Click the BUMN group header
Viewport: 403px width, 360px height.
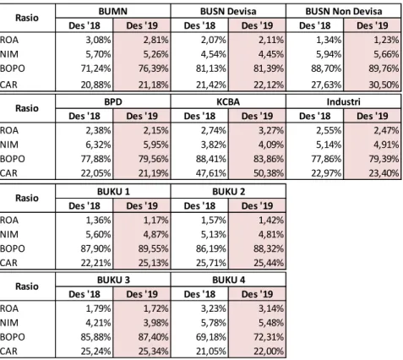[x=113, y=11]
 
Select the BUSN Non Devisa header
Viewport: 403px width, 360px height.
[x=344, y=11]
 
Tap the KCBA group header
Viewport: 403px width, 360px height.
[x=228, y=101]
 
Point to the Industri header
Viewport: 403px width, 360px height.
[x=343, y=101]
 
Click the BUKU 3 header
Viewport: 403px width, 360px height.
[x=113, y=280]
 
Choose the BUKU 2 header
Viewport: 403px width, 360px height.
[x=228, y=192]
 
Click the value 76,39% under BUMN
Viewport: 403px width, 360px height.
[x=153, y=68]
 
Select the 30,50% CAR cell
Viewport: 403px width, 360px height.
[x=384, y=85]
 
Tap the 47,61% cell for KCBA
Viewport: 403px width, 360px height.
[x=211, y=173]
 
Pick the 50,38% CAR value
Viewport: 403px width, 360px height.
[x=269, y=173]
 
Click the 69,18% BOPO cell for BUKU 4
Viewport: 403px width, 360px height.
[x=211, y=337]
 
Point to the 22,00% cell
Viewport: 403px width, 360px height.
[x=269, y=352]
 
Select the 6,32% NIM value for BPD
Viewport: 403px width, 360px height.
[x=98, y=145]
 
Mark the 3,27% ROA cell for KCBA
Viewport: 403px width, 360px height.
[x=271, y=130]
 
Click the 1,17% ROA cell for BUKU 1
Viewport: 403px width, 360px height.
[x=155, y=220]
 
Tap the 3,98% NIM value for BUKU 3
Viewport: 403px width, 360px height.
[x=155, y=323]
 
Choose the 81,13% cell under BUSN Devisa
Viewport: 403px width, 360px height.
[x=211, y=68]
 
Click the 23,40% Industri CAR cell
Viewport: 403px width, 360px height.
[x=384, y=173]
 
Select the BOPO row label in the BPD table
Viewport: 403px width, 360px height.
[x=13, y=159]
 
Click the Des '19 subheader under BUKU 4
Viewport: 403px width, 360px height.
[x=257, y=294]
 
